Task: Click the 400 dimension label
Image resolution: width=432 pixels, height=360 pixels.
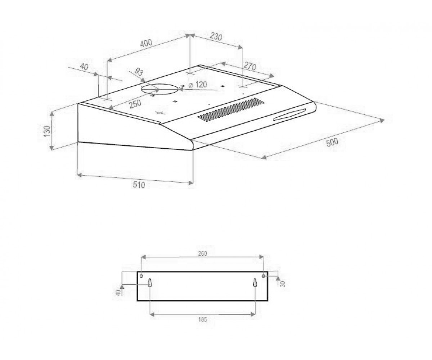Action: coord(146,43)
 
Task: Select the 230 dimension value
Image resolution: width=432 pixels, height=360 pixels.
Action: coord(216,36)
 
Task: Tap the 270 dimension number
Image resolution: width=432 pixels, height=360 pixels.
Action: coord(250,66)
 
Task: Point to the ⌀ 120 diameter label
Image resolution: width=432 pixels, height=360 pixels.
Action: coord(198,85)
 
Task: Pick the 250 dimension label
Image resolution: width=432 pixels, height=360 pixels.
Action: coord(135,104)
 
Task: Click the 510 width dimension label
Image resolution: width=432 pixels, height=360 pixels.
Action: coord(139,185)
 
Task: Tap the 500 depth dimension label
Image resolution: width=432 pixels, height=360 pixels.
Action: coord(332,142)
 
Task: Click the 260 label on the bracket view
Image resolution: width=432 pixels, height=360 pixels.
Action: coord(202,253)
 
